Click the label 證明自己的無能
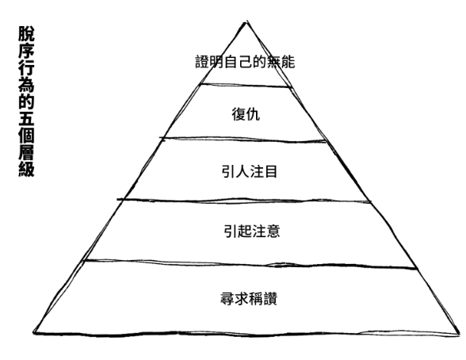coord(245,62)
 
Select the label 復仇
coord(246,114)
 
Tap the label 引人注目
coord(249,171)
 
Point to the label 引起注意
coord(252,231)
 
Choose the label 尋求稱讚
coord(249,298)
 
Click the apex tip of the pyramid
coord(246,21)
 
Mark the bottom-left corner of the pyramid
coord(34,332)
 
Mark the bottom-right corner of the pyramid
coord(459,334)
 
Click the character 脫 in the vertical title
coord(26,33)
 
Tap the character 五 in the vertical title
coord(26,118)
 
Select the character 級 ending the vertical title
coord(26,169)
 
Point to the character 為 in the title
coord(26,84)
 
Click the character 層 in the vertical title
coord(26,152)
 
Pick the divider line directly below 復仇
coord(243,139)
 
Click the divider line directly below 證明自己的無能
coord(246,86)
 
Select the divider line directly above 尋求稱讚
coord(250,263)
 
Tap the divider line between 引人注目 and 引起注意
coord(244,200)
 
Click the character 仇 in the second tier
coord(253,114)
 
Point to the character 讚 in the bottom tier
coord(270,298)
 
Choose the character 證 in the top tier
coord(202,62)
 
